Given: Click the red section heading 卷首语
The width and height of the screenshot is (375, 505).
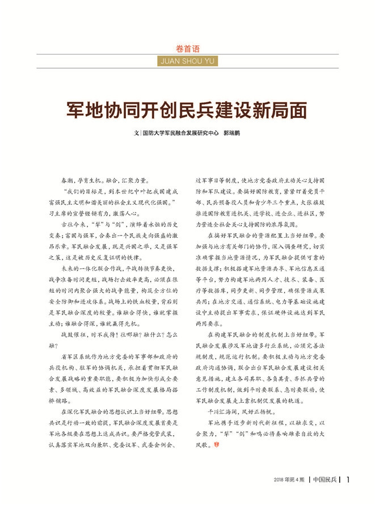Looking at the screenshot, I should click(187, 49).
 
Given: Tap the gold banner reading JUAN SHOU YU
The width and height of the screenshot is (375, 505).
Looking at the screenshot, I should click(187, 61).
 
